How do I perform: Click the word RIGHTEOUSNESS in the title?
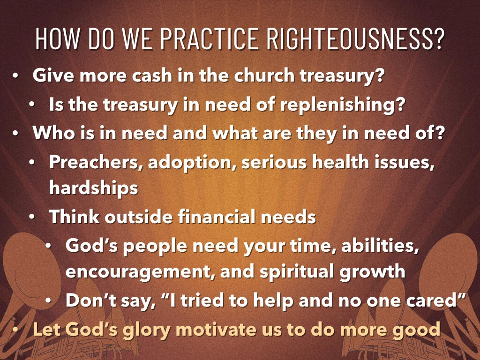(355, 40)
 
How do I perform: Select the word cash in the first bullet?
(132, 75)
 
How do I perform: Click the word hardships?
(93, 188)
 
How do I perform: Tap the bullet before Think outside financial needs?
(32, 217)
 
